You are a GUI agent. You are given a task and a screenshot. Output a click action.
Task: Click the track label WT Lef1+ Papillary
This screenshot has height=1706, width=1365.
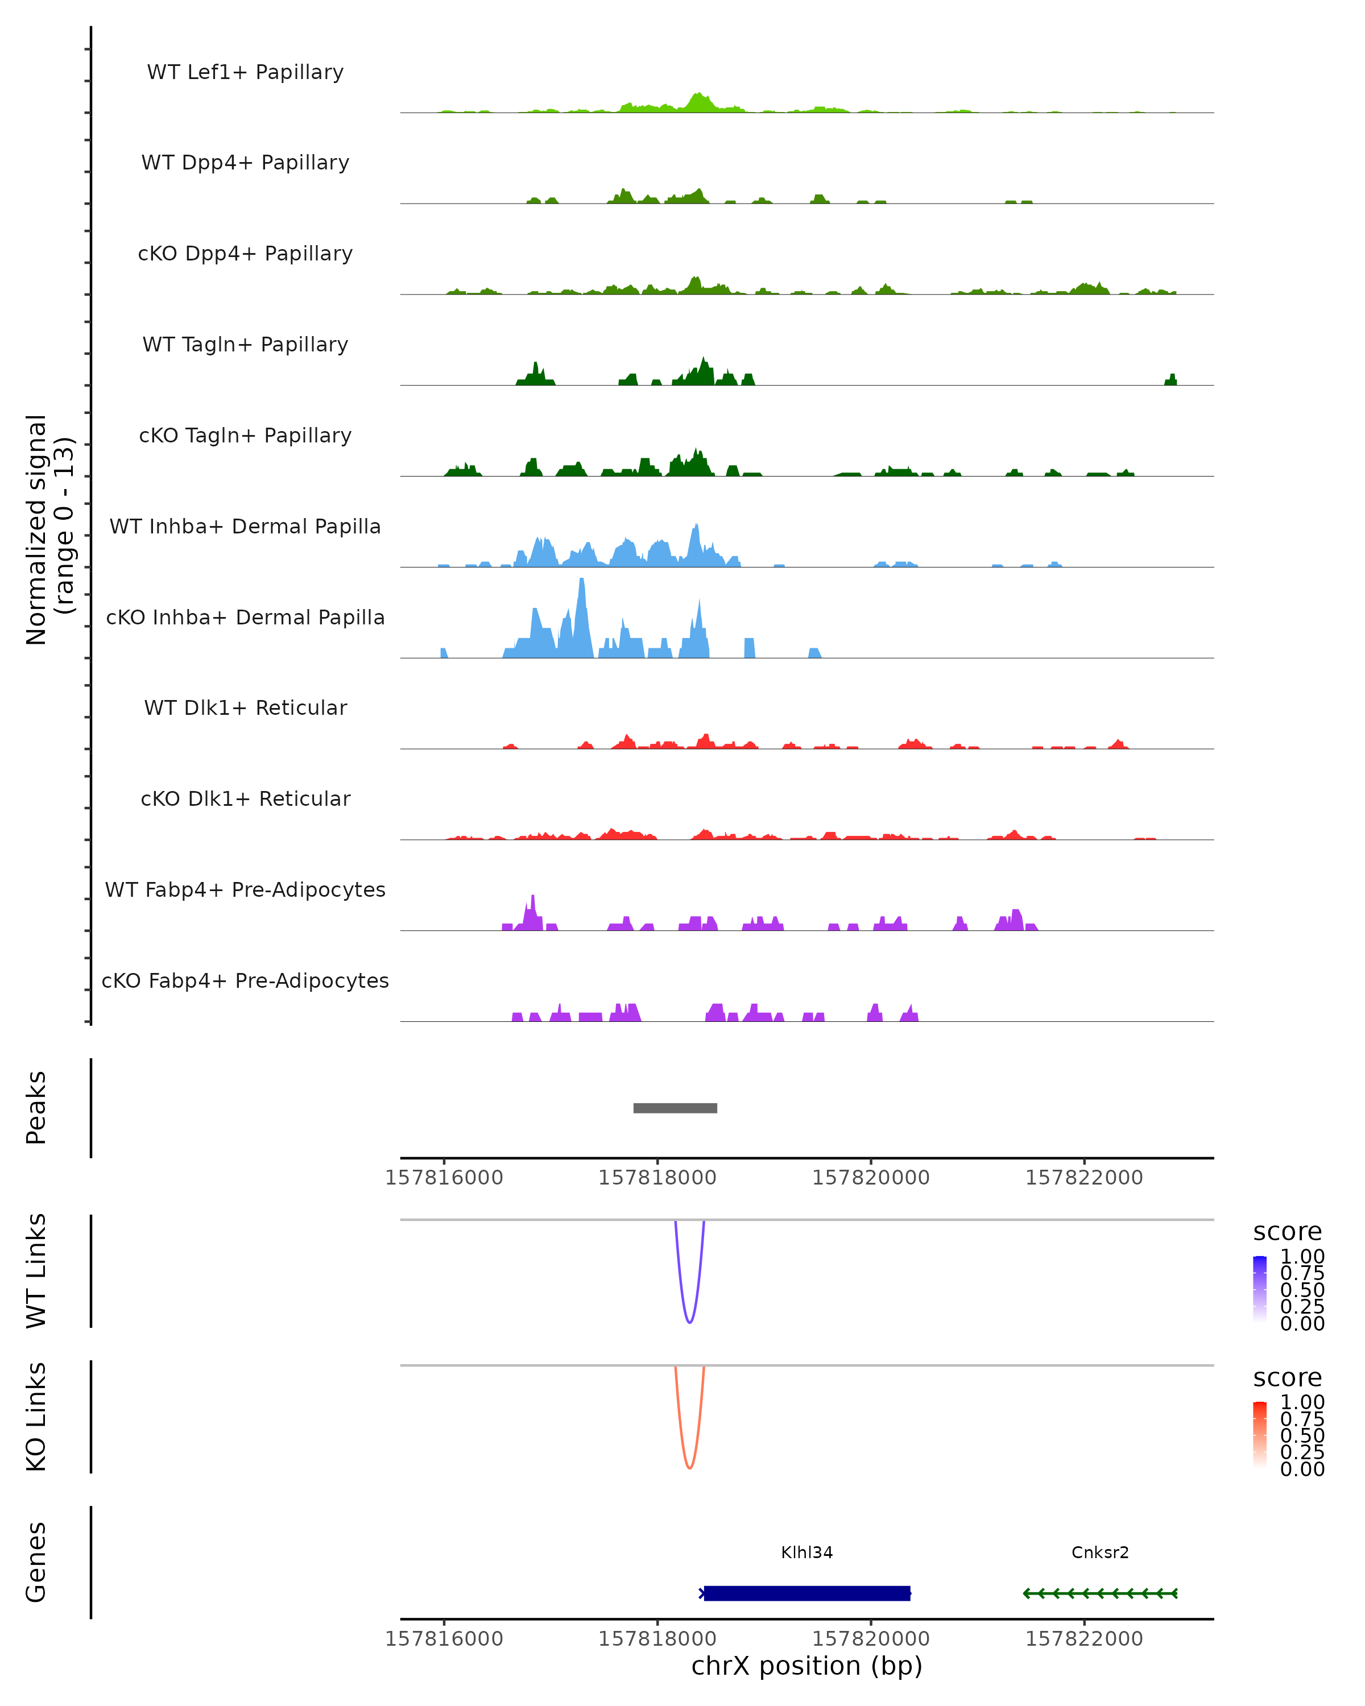(x=245, y=72)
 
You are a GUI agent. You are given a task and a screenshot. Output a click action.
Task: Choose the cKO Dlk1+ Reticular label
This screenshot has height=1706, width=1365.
(x=245, y=798)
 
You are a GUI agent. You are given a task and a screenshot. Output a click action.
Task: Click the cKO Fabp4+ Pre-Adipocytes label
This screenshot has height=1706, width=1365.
(x=245, y=980)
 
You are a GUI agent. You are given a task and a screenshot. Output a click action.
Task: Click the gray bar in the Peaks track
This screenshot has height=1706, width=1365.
(x=675, y=1108)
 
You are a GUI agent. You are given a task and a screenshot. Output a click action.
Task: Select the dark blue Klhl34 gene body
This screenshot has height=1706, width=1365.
(x=807, y=1593)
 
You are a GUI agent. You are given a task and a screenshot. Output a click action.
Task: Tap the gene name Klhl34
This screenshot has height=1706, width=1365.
(x=806, y=1552)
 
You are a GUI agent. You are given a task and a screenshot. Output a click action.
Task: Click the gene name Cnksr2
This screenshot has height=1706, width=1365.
(x=1100, y=1552)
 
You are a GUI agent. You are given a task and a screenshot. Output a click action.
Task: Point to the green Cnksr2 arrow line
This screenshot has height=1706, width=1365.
(x=1100, y=1593)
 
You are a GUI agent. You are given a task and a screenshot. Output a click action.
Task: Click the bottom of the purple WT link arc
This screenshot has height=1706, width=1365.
(x=690, y=1322)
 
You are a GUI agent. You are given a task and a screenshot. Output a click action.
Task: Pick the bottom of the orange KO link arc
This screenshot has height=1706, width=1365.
(x=690, y=1468)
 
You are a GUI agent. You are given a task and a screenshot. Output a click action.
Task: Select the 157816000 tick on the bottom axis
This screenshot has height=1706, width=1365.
(x=444, y=1639)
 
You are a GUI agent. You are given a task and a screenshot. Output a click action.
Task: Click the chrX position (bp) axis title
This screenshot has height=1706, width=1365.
(x=806, y=1666)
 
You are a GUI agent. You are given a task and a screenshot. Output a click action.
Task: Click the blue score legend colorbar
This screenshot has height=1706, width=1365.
(x=1260, y=1288)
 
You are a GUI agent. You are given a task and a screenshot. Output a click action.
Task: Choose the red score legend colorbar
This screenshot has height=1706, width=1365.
(x=1260, y=1434)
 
